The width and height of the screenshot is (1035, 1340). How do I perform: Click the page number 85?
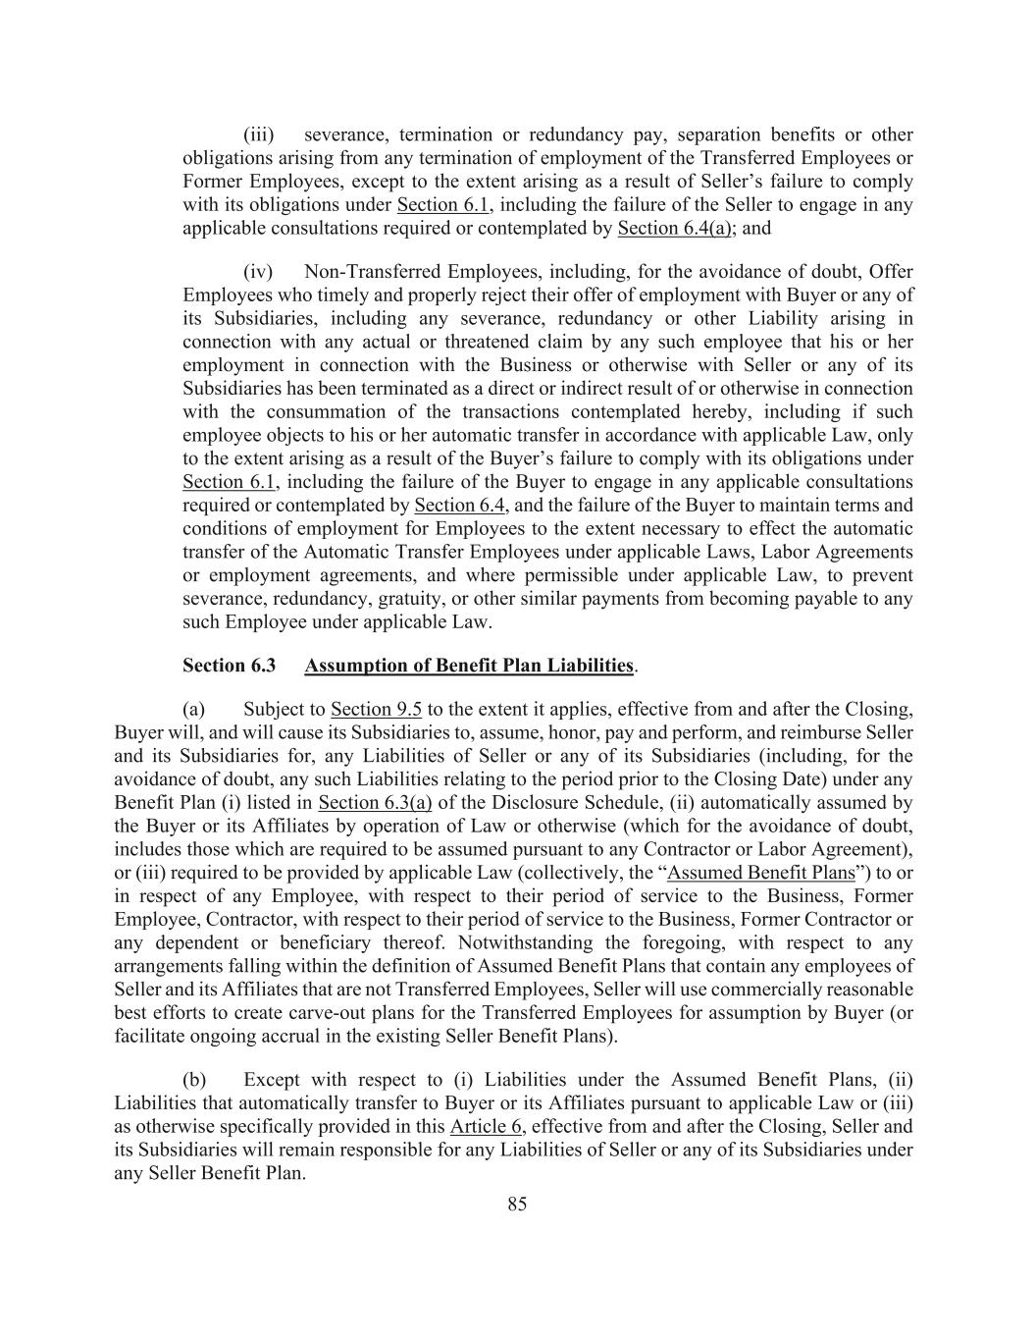click(517, 1205)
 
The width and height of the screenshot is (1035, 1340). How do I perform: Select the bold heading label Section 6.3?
click(229, 666)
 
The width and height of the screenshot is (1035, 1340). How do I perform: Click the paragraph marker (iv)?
click(258, 271)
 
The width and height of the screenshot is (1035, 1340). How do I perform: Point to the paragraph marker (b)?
click(194, 1080)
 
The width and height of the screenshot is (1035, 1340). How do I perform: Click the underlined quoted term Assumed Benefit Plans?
click(761, 873)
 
